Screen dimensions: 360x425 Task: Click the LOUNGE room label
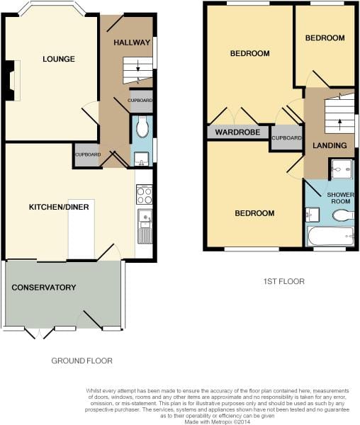pos(59,59)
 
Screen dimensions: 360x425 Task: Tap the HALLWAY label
pos(132,42)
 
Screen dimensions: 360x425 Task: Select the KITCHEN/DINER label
pos(59,207)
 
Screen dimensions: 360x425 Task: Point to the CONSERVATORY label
pos(44,288)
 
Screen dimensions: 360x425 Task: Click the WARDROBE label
pos(237,132)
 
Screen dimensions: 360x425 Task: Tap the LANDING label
pos(330,145)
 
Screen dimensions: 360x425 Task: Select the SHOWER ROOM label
pos(340,198)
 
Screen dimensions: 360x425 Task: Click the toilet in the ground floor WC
pos(142,127)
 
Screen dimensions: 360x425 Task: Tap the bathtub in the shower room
pos(330,237)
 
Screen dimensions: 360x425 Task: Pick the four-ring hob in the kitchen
pos(145,194)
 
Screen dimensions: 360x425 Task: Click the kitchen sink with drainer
pos(145,227)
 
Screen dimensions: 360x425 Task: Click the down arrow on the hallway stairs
pos(138,66)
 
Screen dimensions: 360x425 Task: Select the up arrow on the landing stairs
pos(339,125)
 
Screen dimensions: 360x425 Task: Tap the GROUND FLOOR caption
pos(82,361)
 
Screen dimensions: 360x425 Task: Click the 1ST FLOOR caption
pos(284,281)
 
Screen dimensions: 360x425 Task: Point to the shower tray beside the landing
pos(342,169)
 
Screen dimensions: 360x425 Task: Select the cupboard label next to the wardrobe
pos(287,138)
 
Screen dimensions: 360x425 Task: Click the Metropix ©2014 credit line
pos(217,422)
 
